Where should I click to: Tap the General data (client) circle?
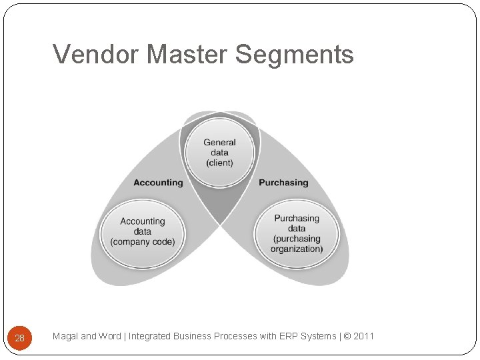tap(219, 152)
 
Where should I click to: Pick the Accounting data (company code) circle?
tap(143, 231)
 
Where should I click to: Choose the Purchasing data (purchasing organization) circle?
tap(297, 233)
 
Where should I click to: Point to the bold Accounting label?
tap(158, 183)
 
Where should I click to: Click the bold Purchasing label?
tap(283, 183)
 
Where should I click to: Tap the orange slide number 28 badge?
tap(19, 338)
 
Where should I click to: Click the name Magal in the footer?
tap(65, 336)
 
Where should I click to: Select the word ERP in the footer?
tap(283, 336)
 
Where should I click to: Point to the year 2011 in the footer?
tap(364, 336)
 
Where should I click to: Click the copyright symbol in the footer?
tap(347, 336)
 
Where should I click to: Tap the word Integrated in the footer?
tap(149, 336)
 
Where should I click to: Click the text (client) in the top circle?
tap(219, 163)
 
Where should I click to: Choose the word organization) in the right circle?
tap(297, 249)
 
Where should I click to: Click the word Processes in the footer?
tap(235, 336)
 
